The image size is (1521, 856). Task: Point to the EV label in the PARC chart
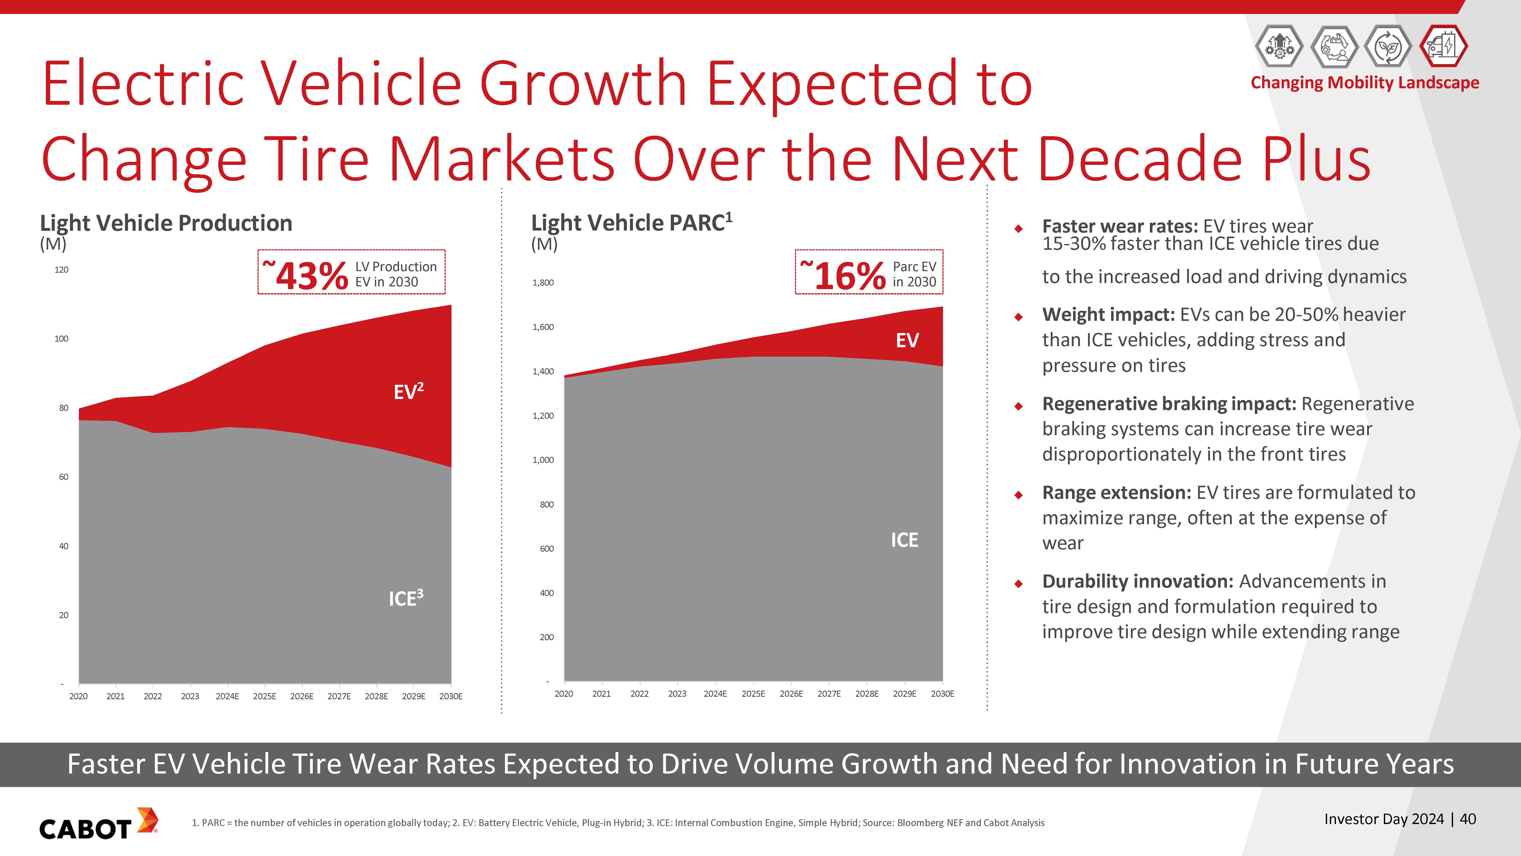[x=907, y=340]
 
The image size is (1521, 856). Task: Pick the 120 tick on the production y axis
[x=61, y=270]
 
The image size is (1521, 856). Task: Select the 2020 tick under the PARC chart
[x=563, y=693]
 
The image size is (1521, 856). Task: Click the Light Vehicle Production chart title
[x=166, y=223]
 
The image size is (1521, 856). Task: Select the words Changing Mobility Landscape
[x=1365, y=83]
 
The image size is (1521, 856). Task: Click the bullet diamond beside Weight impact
[x=1018, y=317]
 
